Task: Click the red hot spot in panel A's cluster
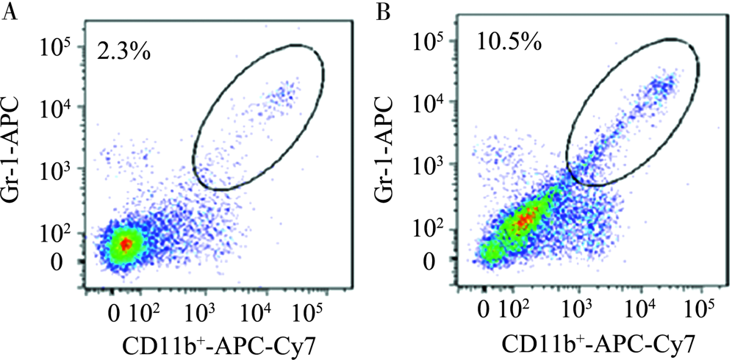pos(126,243)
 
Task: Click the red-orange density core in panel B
pos(523,219)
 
